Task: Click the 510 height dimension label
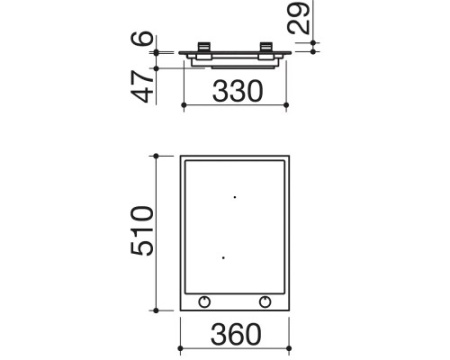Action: (x=142, y=231)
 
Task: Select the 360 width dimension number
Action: (x=236, y=334)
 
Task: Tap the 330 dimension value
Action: (x=238, y=91)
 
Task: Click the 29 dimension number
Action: (x=299, y=17)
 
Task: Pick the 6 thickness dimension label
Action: (x=142, y=38)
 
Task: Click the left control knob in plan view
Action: (x=204, y=302)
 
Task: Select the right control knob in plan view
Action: (x=265, y=302)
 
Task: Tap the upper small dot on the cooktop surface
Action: (x=235, y=197)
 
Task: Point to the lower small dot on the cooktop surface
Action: (x=223, y=258)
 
